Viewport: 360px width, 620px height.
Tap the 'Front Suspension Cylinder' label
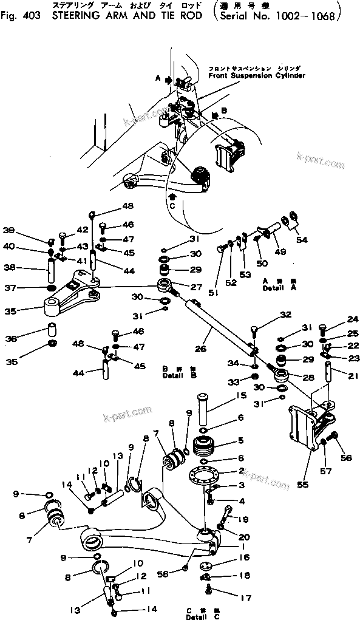[256, 77]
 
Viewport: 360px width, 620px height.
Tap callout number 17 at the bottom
[245, 598]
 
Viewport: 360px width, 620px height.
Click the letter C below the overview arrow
[172, 206]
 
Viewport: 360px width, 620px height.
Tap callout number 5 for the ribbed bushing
[241, 441]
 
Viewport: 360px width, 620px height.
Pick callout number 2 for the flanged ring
[240, 471]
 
